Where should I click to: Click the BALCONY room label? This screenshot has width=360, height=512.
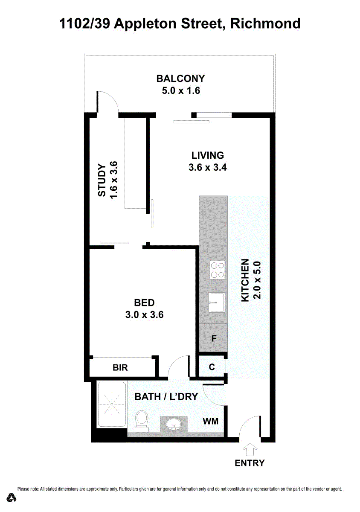coord(180,79)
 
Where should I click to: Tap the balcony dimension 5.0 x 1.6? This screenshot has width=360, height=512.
coord(181,91)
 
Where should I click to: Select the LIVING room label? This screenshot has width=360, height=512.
coord(208,155)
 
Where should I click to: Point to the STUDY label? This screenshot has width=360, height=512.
coord(102,180)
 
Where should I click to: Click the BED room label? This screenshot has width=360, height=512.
coord(144,303)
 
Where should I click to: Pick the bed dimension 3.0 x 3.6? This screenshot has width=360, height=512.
coord(144,315)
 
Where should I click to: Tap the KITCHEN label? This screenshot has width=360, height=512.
coord(245,280)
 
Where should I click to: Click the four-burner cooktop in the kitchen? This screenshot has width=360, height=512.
coord(218,270)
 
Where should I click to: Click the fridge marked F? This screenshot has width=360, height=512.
coord(214,338)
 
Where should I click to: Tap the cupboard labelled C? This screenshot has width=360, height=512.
coord(212,367)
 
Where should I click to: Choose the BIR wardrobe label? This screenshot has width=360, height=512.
coord(120,367)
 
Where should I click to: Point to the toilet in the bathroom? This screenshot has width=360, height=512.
coord(142,421)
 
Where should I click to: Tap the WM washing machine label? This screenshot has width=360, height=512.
coord(211,421)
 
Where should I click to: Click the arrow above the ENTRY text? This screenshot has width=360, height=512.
coord(250,450)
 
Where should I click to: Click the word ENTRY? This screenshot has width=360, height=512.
coord(250,463)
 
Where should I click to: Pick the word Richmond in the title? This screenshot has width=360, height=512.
coord(265,23)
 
